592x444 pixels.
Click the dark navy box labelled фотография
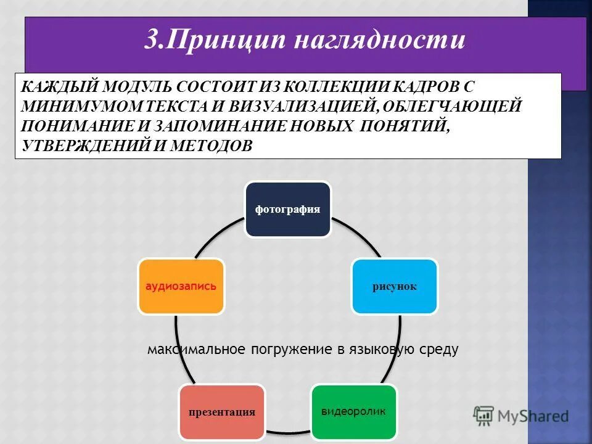tap(288, 209)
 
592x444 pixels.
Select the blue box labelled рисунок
tap(395, 286)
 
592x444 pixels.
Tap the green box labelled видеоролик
tap(353, 411)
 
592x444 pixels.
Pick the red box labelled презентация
tap(222, 412)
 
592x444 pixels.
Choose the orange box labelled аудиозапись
tap(181, 286)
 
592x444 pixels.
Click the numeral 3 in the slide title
tap(151, 40)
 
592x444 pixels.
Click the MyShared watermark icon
tap(484, 414)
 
